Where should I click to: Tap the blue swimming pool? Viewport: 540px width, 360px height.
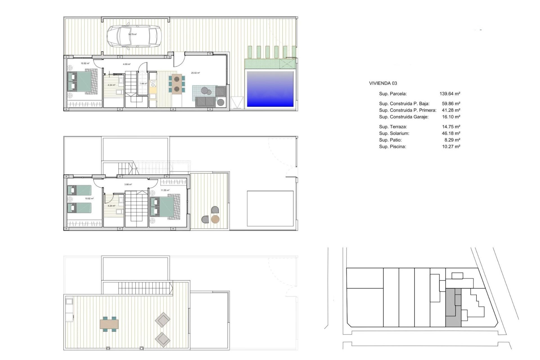point(270,89)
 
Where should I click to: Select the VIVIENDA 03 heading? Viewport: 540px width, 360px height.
point(383,83)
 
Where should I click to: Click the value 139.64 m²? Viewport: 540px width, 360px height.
point(450,94)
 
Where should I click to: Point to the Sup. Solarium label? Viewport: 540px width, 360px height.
point(394,133)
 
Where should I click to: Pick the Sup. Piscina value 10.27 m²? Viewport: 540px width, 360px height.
point(451,147)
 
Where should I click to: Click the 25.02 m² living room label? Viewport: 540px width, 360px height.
point(195,73)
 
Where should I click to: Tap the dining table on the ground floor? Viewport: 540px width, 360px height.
point(177,84)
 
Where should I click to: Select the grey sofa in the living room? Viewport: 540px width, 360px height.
point(206,102)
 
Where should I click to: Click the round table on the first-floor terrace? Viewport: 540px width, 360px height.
point(215,219)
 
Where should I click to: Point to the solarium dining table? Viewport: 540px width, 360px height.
point(109,324)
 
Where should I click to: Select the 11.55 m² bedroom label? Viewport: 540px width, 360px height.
point(165,190)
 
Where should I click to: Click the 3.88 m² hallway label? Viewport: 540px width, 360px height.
point(128,184)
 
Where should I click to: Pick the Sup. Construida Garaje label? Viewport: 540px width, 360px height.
point(404,117)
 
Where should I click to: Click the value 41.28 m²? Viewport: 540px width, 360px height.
point(451,110)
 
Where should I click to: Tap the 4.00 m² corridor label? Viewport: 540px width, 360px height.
point(127,64)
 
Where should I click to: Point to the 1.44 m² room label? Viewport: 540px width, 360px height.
point(143,84)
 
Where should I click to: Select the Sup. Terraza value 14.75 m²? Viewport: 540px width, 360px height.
point(451,127)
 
